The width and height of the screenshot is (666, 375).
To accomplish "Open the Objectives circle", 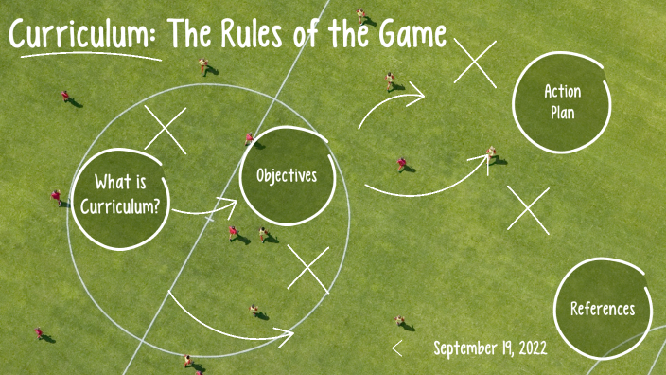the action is coord(287,176).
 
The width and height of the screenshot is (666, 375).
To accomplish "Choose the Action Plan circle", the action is coord(562,102).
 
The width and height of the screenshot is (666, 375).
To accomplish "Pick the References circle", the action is coord(603,309).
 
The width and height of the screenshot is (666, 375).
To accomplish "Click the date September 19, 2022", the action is coord(489,348).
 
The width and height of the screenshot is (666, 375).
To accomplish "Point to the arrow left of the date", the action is coord(410,348).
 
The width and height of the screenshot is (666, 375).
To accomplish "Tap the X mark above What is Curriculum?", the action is coord(166,130).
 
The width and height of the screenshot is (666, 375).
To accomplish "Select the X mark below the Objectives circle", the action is coord(307,269).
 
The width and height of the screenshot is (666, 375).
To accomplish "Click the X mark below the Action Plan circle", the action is coord(528,209).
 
